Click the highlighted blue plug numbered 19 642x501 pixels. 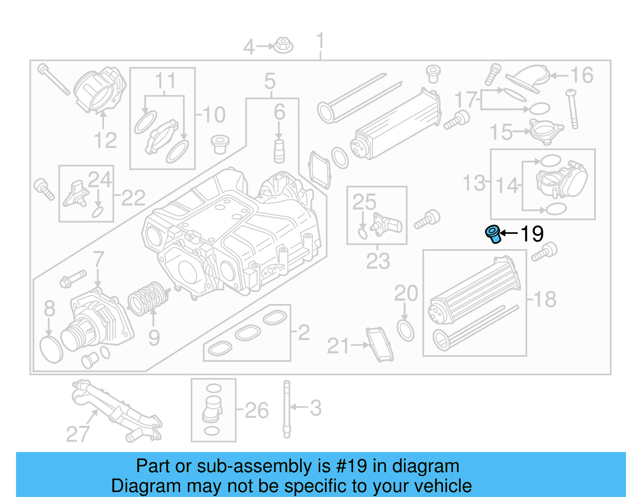[493, 234]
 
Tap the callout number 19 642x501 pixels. [532, 234]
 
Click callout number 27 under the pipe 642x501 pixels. [78, 434]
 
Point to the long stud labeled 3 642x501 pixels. [286, 409]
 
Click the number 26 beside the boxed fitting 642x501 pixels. [256, 410]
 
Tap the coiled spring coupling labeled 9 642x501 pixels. [147, 299]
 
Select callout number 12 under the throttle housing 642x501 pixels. [105, 140]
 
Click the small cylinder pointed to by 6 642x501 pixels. [279, 151]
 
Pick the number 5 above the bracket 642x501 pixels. [270, 81]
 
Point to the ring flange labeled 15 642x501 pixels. [547, 131]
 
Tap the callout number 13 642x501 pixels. [474, 183]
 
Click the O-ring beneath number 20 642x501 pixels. [405, 331]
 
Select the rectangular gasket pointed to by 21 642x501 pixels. [380, 344]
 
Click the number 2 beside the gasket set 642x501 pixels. [304, 333]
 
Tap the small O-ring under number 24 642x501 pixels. [98, 212]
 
